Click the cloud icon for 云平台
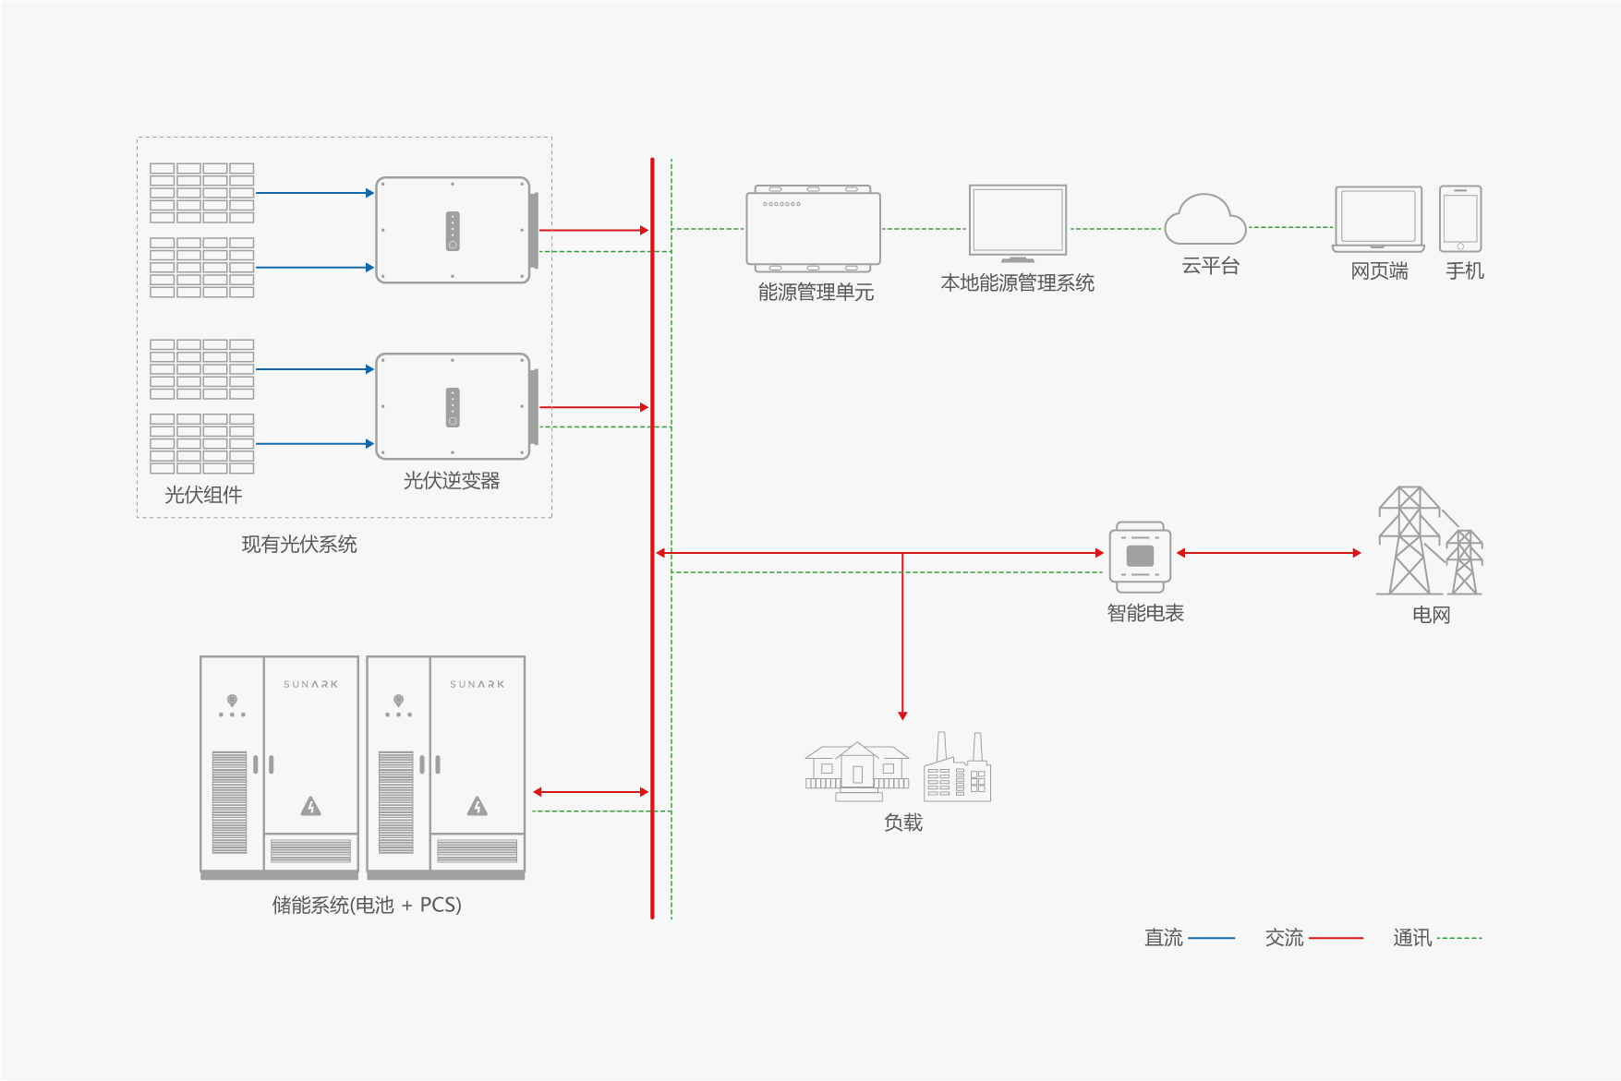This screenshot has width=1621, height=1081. coord(1205,221)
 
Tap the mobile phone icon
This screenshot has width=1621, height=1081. coord(1460,219)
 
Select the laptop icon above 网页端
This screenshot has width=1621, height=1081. coord(1378,220)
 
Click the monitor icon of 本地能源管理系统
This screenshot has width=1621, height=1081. coord(1018,222)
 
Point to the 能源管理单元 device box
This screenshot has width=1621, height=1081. coord(814,229)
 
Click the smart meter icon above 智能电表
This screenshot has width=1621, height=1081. coord(1140,557)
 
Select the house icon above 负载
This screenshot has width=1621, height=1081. coord(857,770)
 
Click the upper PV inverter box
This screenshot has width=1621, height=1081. coord(454,230)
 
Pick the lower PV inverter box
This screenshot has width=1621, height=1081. coord(454,406)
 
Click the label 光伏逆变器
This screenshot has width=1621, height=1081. coord(452,481)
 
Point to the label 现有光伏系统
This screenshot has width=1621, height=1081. coord(299,545)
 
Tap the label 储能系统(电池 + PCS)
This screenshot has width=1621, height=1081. coord(367,905)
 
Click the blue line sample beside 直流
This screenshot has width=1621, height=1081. coord(1212,938)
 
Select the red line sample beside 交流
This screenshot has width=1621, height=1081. coord(1336,938)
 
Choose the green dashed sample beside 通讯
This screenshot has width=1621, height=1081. coord(1459,938)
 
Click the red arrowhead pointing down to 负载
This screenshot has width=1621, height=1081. coord(902,715)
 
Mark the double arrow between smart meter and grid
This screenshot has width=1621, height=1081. coord(1268,553)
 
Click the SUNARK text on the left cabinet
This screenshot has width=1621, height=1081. coord(310,685)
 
